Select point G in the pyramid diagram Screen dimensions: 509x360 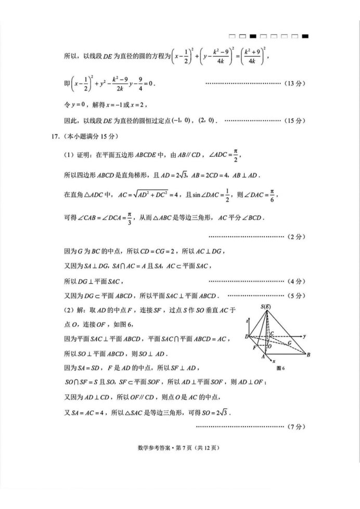[289, 343]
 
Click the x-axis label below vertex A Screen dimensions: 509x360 [275, 360]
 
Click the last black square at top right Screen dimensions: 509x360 [305, 36]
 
